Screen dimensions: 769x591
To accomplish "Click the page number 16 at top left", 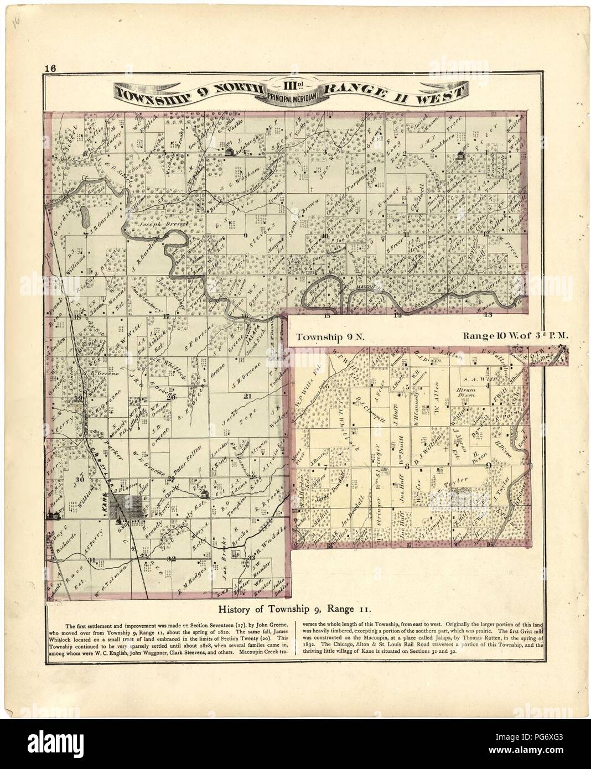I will [x=50, y=69].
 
